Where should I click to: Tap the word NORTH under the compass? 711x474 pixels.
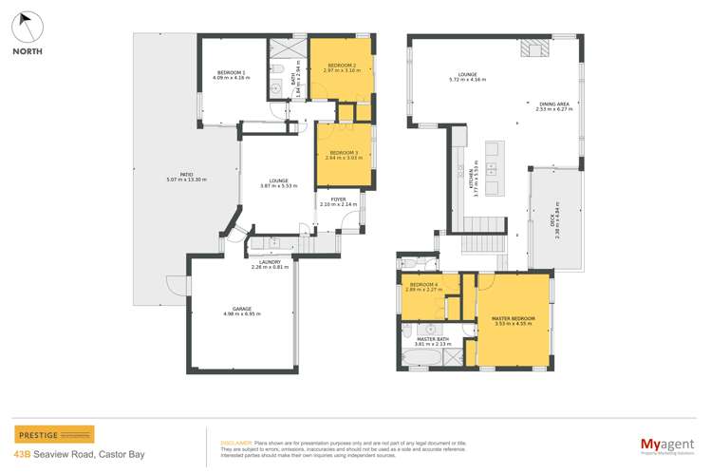click(x=27, y=52)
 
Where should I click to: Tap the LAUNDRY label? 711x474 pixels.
click(x=270, y=264)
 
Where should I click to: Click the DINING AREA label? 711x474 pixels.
click(x=552, y=105)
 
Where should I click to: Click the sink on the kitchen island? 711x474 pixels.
click(x=494, y=169)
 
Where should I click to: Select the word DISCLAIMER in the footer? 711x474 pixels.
click(x=236, y=443)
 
